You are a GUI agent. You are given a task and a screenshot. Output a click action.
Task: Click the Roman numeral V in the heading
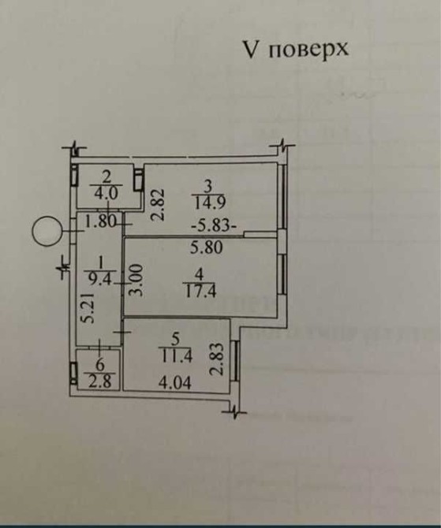pos(251,50)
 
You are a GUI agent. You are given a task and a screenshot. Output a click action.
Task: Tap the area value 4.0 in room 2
pos(106,194)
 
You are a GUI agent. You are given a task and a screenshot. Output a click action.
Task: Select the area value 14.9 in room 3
pos(210,203)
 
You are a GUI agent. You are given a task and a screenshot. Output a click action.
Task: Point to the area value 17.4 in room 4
pos(201,290)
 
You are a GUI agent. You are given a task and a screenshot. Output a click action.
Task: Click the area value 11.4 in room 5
pos(177,356)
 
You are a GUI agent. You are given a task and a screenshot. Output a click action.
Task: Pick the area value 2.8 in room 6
pos(100,381)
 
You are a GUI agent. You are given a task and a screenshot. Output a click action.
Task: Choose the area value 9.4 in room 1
pos(100,278)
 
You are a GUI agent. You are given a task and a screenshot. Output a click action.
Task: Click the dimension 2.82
pos(158,205)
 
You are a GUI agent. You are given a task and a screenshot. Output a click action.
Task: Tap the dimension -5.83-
pos(214,225)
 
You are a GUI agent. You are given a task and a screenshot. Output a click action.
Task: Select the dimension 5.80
pos(207,247)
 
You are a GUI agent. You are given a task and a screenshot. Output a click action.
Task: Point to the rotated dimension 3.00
pos(137,281)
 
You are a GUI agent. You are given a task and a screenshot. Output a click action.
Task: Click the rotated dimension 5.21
pos(89,308)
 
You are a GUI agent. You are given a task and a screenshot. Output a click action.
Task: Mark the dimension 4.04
pos(175,383)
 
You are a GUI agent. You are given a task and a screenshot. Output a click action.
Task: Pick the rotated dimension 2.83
pos(217,359)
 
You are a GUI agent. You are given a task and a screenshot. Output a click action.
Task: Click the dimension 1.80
pos(100,221)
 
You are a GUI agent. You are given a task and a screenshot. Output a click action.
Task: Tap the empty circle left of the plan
pos(47,231)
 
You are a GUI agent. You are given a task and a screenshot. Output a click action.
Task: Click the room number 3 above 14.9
pos(208,186)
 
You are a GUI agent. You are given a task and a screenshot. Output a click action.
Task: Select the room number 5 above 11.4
pos(175,340)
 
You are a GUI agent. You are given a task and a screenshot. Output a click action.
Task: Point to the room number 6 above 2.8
pos(100,366)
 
